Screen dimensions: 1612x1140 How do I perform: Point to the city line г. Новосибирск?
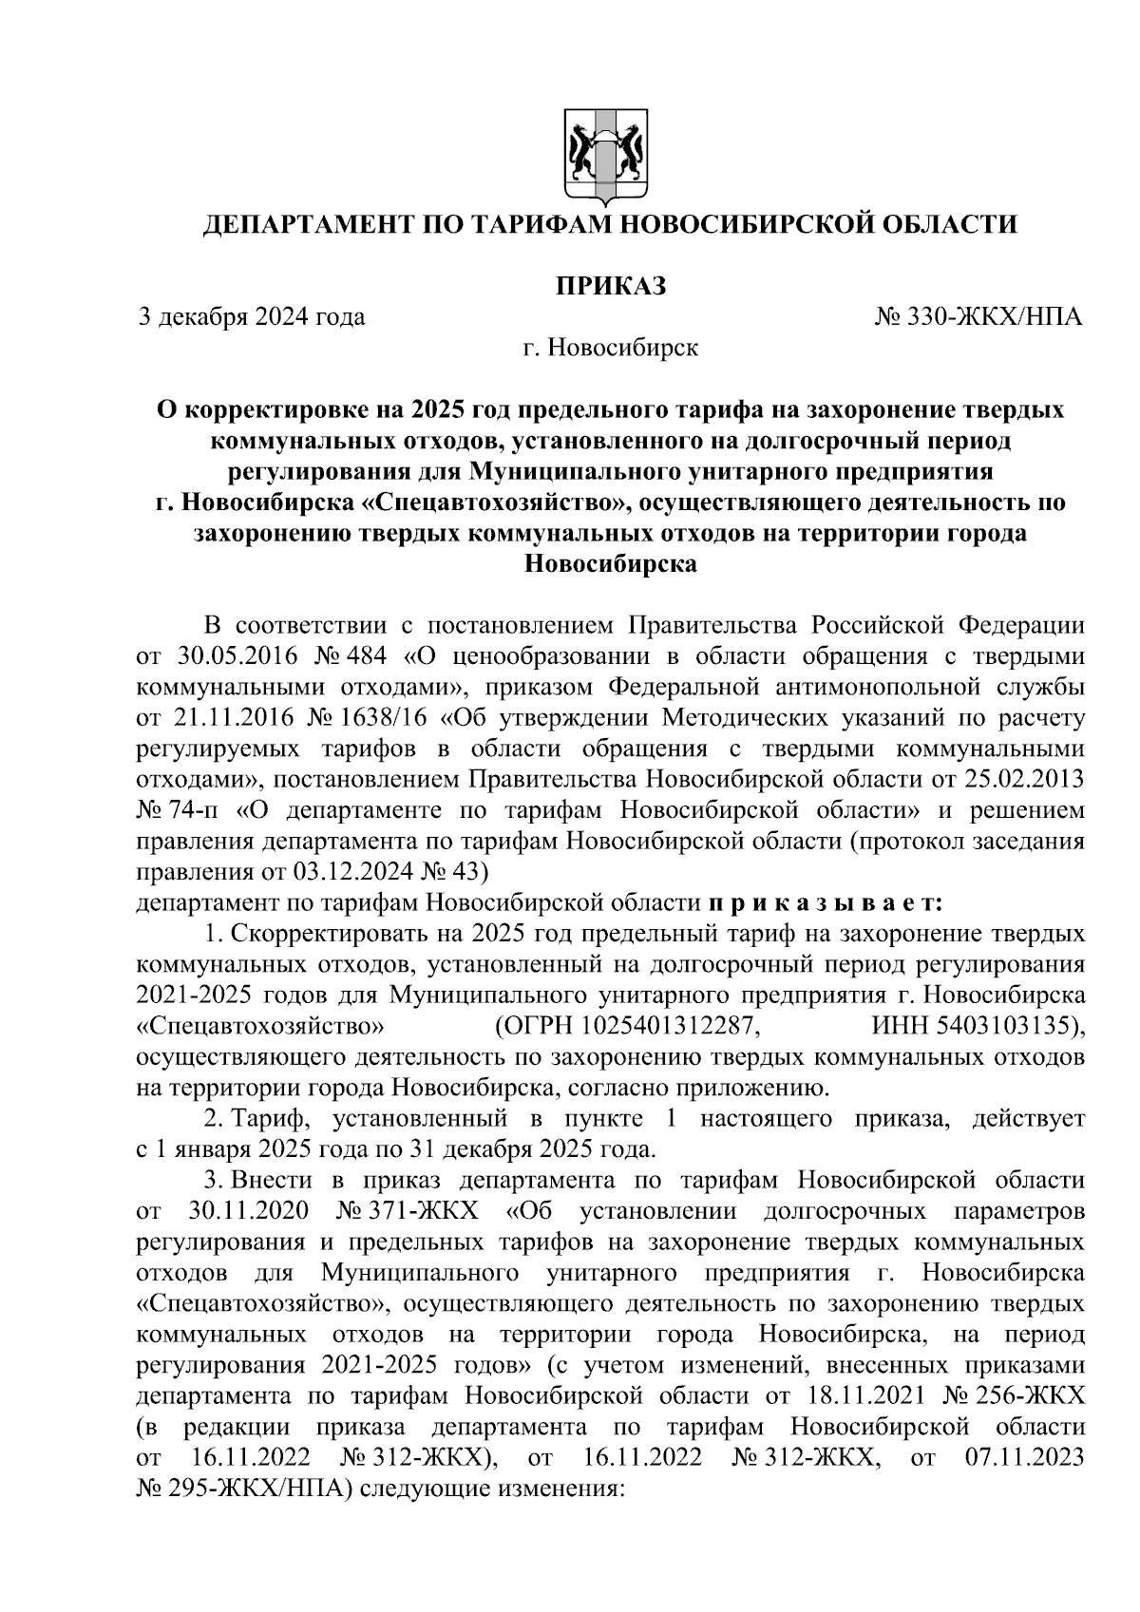point(611,349)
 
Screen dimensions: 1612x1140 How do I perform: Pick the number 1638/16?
point(385,717)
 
